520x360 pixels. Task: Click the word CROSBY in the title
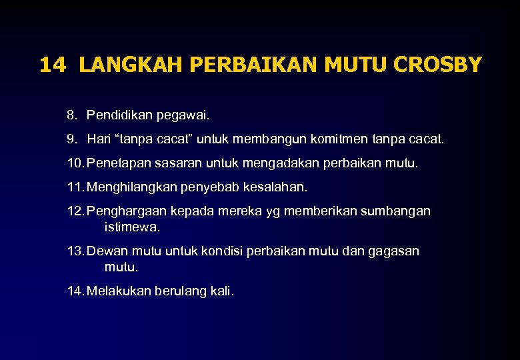point(438,65)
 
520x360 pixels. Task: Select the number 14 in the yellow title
point(53,65)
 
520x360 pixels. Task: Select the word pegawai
point(183,116)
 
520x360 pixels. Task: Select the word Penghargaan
point(125,211)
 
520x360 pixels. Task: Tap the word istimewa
point(132,227)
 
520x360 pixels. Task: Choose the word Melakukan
point(119,291)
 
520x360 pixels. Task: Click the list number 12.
point(75,211)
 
